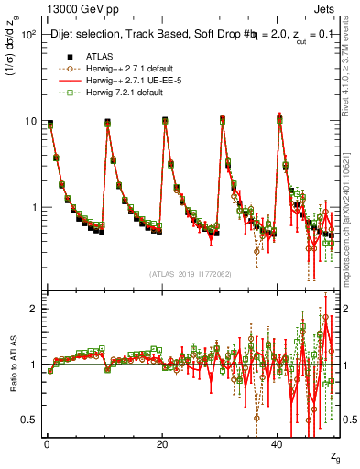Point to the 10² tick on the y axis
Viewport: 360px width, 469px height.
point(28,35)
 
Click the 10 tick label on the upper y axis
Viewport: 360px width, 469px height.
point(30,121)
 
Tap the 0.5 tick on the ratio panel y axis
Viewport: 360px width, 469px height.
point(29,420)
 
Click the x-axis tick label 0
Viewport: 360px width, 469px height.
point(47,444)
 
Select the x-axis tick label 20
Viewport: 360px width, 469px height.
point(162,444)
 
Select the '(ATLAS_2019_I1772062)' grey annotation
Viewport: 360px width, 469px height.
point(190,274)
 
